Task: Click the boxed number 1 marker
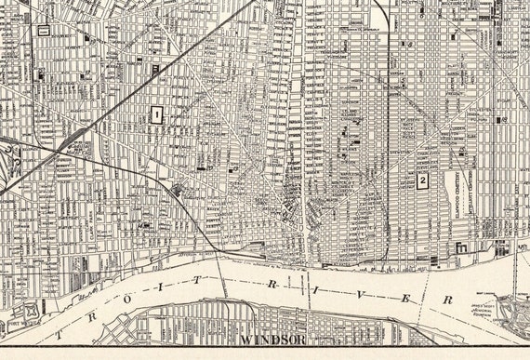(x=156, y=115)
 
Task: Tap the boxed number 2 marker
(x=422, y=180)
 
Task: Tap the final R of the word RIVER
(x=447, y=300)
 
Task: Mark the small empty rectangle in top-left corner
(x=43, y=30)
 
